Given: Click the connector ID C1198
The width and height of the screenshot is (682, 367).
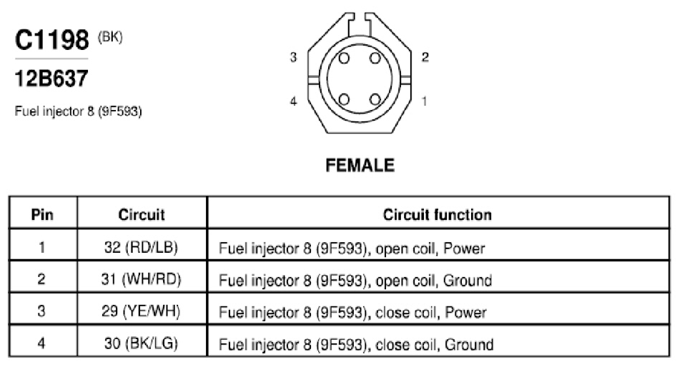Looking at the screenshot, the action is point(51,40).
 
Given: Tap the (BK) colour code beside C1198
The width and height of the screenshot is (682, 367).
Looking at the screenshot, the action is point(110,37).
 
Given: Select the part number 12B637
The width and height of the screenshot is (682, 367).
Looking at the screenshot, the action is point(51,79).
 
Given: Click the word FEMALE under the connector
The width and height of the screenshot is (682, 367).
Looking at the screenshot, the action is point(360,166).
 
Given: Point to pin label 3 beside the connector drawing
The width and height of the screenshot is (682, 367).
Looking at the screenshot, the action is point(294,57).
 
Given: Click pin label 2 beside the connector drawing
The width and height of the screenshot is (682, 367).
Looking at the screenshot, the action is point(425,57).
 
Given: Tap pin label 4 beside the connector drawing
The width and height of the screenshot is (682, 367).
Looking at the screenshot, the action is point(294,101).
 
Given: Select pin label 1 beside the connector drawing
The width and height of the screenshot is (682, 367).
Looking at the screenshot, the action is point(425,101).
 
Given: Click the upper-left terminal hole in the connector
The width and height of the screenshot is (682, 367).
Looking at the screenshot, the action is point(344,58).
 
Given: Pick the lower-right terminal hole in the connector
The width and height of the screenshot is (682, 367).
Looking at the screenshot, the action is point(375,100).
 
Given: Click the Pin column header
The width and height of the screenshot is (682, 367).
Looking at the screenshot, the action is point(42,214).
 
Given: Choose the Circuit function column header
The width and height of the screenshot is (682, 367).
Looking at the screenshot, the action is point(437,214).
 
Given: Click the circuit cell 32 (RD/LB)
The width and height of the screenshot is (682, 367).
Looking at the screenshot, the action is point(141,247).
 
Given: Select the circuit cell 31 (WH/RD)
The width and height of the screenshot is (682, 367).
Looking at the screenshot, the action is point(141,279).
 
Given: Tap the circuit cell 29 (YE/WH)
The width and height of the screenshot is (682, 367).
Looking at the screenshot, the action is point(141,311).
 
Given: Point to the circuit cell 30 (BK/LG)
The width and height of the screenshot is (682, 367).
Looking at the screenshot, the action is point(141,343).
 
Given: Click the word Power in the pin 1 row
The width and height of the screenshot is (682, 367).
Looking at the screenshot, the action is point(464,248).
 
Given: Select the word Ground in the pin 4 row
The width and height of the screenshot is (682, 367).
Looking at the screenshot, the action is point(469,345).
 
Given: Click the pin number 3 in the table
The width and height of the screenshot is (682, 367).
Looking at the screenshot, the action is point(41,311).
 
